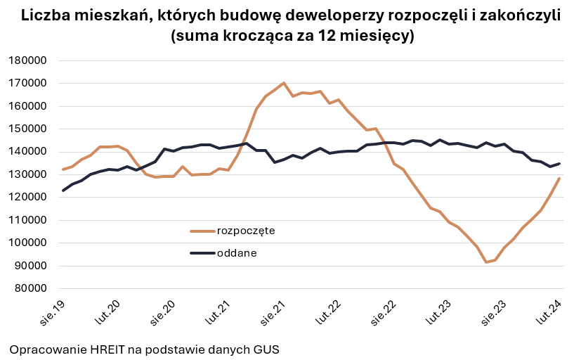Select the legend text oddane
pos(237,253)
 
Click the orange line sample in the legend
pos(202,231)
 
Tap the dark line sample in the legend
pos(202,253)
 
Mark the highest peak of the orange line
pos(283,83)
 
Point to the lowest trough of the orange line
pos(485,262)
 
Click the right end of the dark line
pos(559,164)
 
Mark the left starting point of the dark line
pos(63,191)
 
